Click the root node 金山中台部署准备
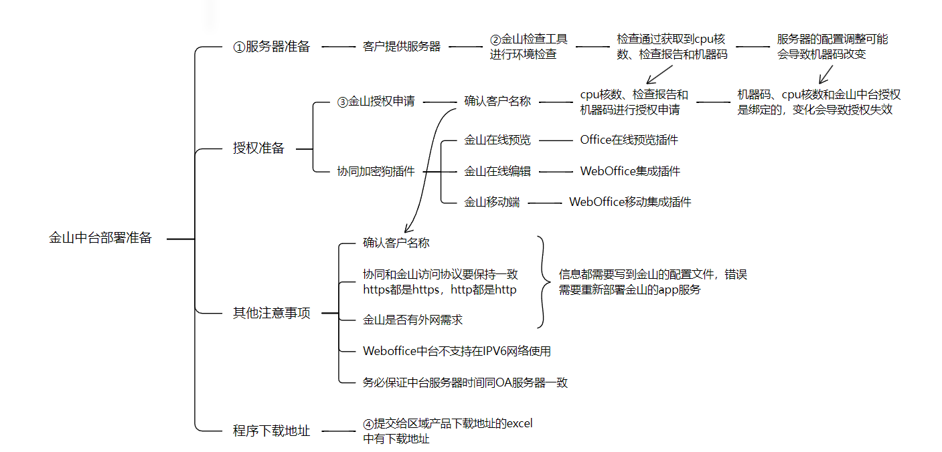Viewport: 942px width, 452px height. [100, 238]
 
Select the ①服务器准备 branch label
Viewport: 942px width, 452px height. [271, 47]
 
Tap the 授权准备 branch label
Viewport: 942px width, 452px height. [258, 148]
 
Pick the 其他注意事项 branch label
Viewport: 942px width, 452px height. [271, 313]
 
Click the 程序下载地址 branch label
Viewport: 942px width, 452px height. [271, 431]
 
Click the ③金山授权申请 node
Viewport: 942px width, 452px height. [376, 102]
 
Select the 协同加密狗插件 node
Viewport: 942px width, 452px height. [376, 171]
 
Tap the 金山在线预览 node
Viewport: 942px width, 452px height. [497, 140]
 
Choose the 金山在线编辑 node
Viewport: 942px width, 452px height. [497, 171]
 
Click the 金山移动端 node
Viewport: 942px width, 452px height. [492, 202]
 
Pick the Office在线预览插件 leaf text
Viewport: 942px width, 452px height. [629, 140]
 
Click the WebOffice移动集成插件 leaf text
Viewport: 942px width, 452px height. [629, 202]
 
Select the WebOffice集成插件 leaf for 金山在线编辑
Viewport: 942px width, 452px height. [630, 171]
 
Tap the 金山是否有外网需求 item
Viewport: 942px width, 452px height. [412, 320]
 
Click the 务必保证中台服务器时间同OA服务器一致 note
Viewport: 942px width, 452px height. [465, 382]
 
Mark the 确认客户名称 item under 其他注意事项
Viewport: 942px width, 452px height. [396, 243]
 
